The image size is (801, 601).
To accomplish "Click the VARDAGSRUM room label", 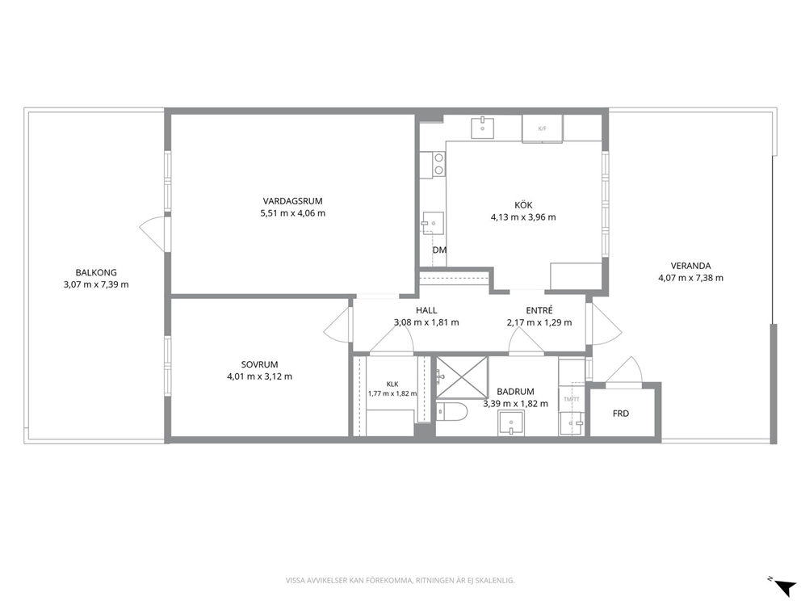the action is click(293, 201).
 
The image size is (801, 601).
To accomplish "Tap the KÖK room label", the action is click(523, 205).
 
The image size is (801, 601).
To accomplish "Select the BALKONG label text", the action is click(96, 273).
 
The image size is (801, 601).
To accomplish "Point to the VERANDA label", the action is click(690, 266).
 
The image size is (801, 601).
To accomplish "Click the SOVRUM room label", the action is click(259, 365).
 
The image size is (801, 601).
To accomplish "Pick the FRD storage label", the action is click(621, 414).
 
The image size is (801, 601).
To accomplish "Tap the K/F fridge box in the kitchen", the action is click(542, 128).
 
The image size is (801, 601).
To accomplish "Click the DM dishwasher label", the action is click(439, 250).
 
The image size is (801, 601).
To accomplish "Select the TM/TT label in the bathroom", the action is click(572, 399).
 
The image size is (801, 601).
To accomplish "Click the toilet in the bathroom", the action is click(451, 411).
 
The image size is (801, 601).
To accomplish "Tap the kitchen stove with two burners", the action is click(438, 165).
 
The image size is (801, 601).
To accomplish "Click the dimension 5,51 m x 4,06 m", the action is click(293, 213).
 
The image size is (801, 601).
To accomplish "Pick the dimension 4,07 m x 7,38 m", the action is click(690, 278).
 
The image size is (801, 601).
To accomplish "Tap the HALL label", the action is click(426, 310).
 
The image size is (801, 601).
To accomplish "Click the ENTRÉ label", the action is click(539, 310).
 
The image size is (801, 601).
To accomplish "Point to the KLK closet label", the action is click(392, 385).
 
